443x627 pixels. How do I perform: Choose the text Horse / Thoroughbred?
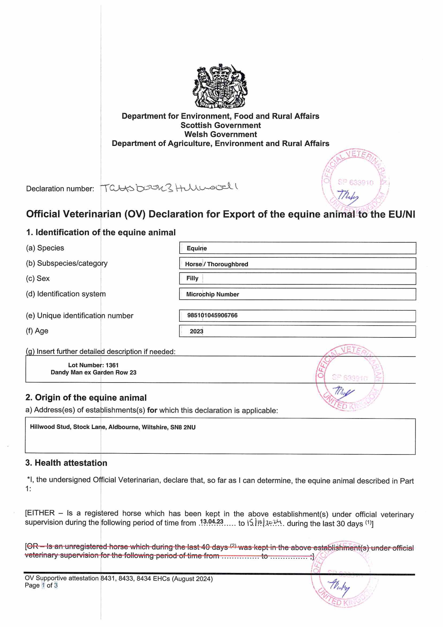[216, 264]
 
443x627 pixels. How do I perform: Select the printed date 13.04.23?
[212, 521]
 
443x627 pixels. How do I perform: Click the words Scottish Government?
[221, 125]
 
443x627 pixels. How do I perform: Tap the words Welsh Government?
[221, 134]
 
